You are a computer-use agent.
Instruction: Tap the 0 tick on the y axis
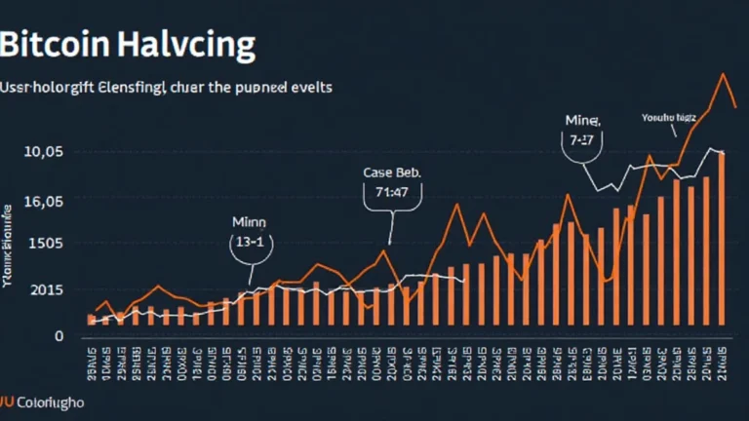(59, 335)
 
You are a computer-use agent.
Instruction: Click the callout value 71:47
(391, 192)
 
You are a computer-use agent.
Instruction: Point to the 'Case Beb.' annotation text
(391, 172)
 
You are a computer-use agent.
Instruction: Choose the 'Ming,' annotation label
(583, 121)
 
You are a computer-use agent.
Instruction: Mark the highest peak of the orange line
(723, 74)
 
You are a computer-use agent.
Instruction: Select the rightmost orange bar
(722, 239)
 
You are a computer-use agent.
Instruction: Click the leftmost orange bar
(92, 319)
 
